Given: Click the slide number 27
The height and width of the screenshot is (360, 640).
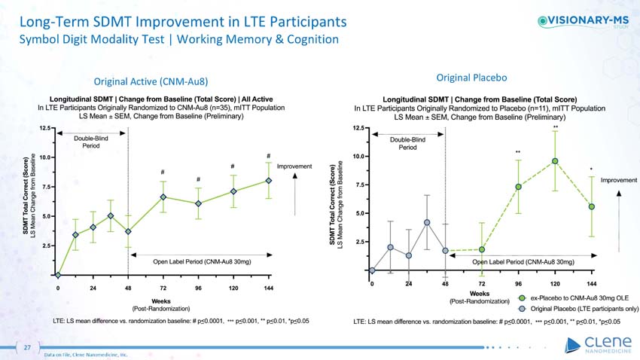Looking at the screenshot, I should tap(26, 348).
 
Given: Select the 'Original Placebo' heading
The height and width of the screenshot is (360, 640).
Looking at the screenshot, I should tap(472, 77).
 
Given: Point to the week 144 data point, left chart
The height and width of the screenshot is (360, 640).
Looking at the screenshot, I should tap(269, 181).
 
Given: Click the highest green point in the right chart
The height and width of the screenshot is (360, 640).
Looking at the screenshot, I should tap(555, 160).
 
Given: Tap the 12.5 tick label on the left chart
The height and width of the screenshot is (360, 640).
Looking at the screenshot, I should tap(44, 128).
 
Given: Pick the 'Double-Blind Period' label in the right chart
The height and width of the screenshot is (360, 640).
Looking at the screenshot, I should tap(407, 143).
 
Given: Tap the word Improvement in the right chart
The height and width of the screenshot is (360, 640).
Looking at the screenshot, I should tap(618, 180).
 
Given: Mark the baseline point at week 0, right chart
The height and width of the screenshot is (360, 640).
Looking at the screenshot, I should tap(372, 270).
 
